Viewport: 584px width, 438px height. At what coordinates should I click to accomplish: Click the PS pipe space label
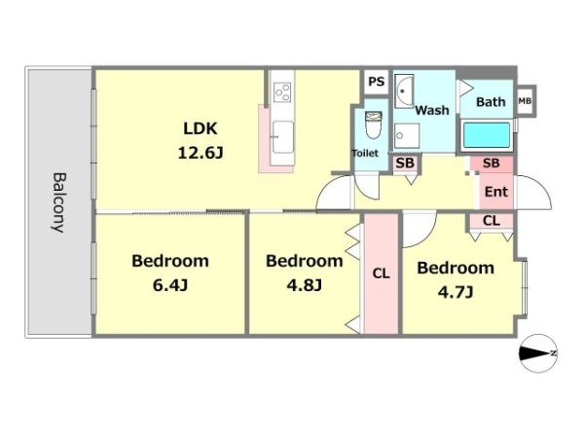pyautogui.click(x=376, y=81)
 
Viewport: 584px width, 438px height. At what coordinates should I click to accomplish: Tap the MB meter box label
pyautogui.click(x=525, y=101)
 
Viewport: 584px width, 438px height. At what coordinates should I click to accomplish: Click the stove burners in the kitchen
pyautogui.click(x=282, y=92)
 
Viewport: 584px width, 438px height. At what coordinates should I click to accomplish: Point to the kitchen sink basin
pyautogui.click(x=282, y=136)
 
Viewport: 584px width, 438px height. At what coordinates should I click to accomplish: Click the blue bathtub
pyautogui.click(x=487, y=135)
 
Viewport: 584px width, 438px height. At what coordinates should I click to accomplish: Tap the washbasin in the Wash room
pyautogui.click(x=404, y=91)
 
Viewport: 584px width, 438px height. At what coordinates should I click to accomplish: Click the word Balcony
pyautogui.click(x=58, y=202)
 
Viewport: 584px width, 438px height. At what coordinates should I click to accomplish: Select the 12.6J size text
pyautogui.click(x=201, y=153)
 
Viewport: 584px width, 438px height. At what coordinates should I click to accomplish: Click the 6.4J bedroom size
pyautogui.click(x=170, y=285)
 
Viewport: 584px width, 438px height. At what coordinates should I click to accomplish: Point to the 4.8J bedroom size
pyautogui.click(x=305, y=285)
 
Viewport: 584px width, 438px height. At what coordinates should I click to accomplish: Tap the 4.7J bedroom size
pyautogui.click(x=456, y=292)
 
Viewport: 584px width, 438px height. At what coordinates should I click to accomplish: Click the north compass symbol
pyautogui.click(x=538, y=353)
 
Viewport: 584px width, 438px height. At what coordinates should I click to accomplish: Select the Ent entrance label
pyautogui.click(x=496, y=192)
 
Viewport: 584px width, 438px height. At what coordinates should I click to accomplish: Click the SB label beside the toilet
pyautogui.click(x=405, y=164)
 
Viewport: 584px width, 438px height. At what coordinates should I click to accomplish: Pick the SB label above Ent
pyautogui.click(x=491, y=163)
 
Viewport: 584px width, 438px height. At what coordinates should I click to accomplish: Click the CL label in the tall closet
pyautogui.click(x=381, y=274)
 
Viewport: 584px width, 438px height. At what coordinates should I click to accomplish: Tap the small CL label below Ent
pyautogui.click(x=492, y=221)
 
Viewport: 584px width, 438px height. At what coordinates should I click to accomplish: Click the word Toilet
pyautogui.click(x=365, y=153)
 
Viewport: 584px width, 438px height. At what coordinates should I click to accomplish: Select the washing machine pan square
pyautogui.click(x=407, y=135)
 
